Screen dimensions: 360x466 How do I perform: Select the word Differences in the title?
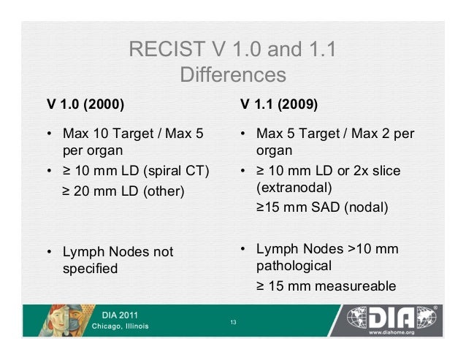[232, 75]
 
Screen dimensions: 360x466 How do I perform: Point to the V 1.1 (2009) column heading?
[279, 104]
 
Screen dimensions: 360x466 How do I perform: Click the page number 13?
[232, 322]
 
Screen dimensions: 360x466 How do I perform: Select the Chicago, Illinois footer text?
[121, 326]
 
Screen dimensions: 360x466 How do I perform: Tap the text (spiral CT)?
[175, 172]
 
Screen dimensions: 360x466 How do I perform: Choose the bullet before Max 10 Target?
[49, 135]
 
